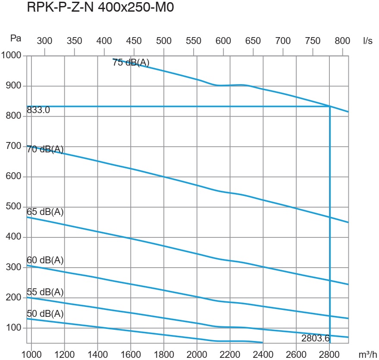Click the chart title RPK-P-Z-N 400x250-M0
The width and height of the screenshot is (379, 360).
(x=100, y=8)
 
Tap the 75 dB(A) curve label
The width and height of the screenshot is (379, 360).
(x=131, y=63)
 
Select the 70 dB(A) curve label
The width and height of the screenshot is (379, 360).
(x=45, y=150)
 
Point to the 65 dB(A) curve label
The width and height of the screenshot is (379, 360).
(x=45, y=212)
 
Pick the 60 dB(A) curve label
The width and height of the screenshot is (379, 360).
(x=45, y=260)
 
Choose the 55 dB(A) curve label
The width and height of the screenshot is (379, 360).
(x=45, y=292)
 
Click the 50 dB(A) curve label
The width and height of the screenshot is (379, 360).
(x=45, y=313)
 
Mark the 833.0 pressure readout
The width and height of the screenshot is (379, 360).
(x=38, y=110)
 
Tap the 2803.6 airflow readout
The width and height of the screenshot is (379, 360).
(x=316, y=338)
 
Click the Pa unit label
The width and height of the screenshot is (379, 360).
(x=16, y=38)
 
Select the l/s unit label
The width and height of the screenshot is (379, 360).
(x=368, y=41)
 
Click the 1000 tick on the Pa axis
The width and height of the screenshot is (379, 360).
(x=11, y=55)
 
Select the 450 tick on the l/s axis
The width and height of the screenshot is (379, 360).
(x=134, y=41)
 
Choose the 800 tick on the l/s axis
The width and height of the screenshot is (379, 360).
(x=342, y=41)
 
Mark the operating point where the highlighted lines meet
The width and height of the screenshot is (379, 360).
(x=330, y=106)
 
